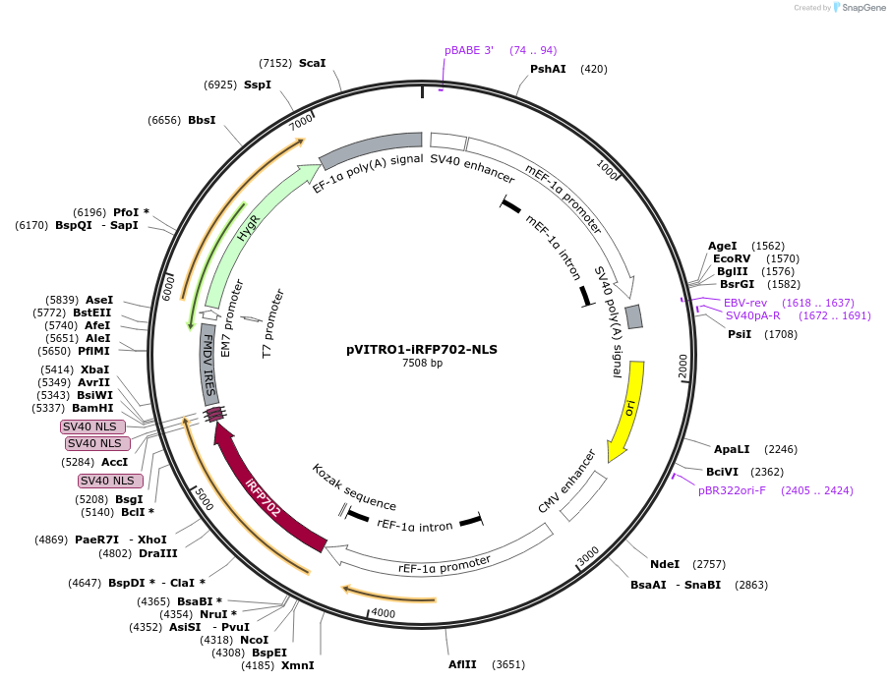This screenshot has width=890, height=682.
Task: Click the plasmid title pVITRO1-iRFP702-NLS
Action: (422, 349)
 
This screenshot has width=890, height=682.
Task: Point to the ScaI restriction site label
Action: (312, 63)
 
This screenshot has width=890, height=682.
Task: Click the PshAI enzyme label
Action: (548, 69)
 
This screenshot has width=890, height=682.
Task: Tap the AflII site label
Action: (462, 664)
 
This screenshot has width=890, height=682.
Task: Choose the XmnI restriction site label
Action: (298, 665)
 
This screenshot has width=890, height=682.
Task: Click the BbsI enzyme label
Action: (202, 120)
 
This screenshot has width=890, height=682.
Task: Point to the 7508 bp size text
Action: (422, 364)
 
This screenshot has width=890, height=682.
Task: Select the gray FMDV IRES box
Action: (208, 364)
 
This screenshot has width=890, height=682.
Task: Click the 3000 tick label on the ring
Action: (587, 557)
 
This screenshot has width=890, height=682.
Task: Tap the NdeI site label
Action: (665, 564)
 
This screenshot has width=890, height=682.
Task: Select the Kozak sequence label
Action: (354, 487)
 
